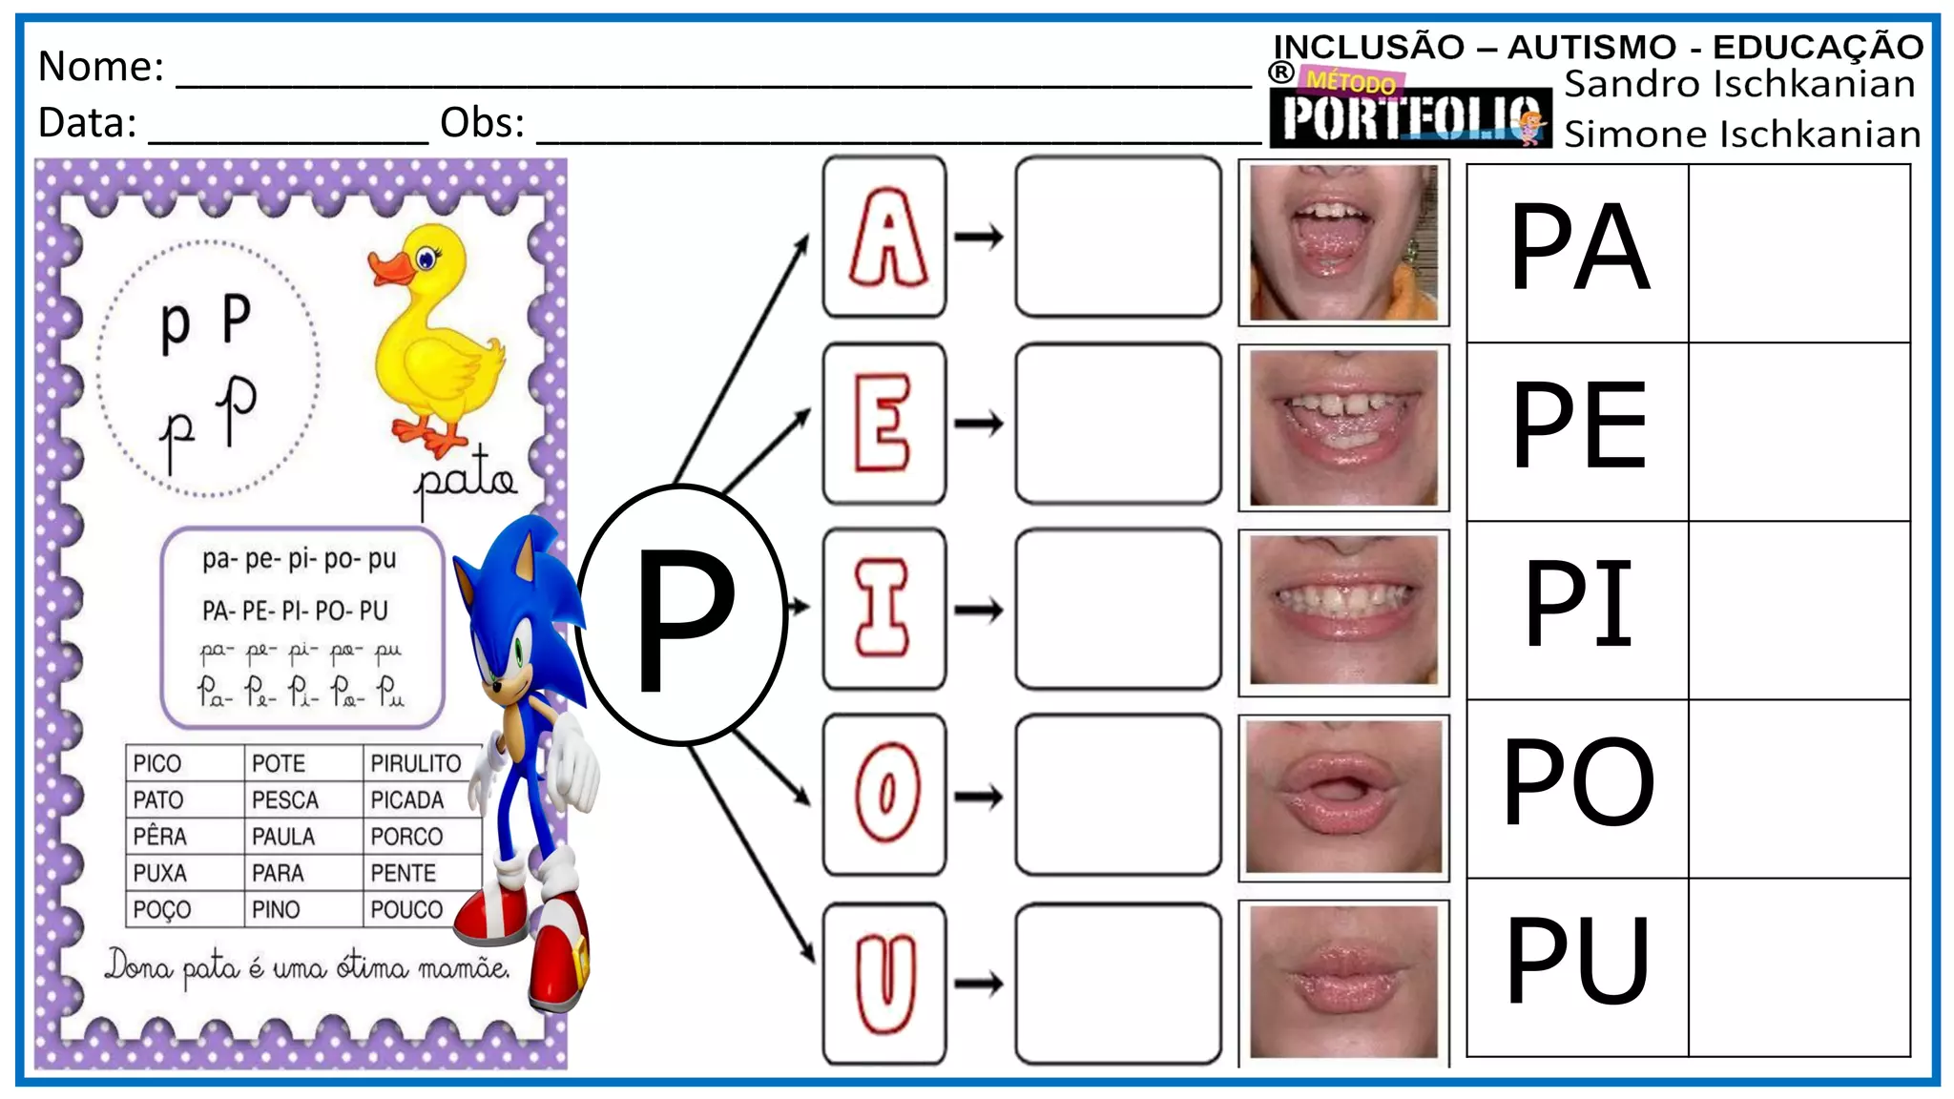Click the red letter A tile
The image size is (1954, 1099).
point(884,237)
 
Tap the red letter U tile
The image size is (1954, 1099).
point(884,984)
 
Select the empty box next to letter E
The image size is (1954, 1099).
point(1118,424)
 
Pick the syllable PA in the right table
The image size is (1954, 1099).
point(1579,248)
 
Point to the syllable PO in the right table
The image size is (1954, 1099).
point(1579,782)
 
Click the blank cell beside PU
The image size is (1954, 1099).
point(1799,966)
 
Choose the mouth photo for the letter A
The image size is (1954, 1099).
point(1343,243)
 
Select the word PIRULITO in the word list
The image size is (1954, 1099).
point(416,763)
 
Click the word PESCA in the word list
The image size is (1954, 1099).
point(285,799)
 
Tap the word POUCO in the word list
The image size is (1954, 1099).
point(406,909)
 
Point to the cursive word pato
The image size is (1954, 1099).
point(466,477)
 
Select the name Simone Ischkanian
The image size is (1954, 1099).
point(1742,135)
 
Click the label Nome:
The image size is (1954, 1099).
point(101,67)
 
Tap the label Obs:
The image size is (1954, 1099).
point(483,123)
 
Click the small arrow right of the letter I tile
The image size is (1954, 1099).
point(979,610)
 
